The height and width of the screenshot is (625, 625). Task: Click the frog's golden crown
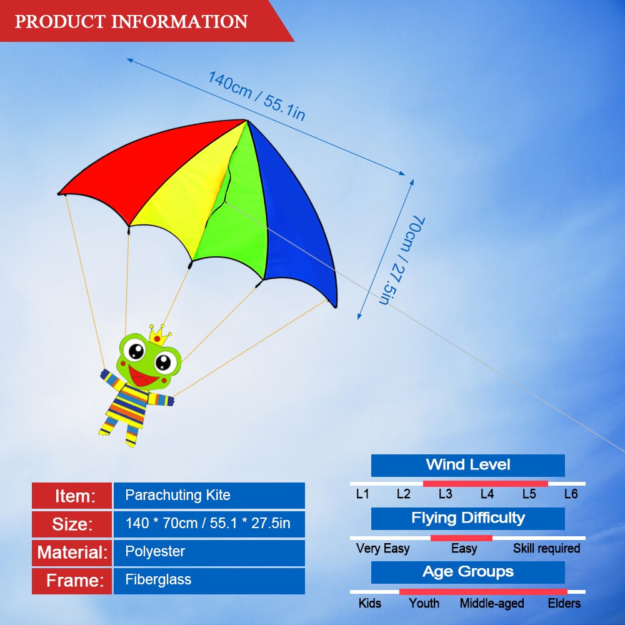coord(160,335)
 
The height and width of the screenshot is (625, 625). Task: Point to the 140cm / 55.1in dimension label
coord(257,96)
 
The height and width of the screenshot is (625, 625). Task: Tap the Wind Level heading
coord(467,465)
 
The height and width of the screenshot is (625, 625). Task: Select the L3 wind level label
coord(445,494)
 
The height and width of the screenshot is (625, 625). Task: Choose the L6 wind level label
coord(571,494)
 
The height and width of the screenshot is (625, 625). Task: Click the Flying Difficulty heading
coord(468,518)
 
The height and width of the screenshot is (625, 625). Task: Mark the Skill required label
coord(546,549)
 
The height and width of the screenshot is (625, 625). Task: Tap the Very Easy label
coord(382,549)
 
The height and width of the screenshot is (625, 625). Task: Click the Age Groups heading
coord(468,572)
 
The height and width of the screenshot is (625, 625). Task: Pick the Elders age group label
coord(564,604)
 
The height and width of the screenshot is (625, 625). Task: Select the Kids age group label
coord(369,604)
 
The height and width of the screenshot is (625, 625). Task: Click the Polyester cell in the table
coord(209,552)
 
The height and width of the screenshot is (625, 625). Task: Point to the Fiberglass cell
coord(209,581)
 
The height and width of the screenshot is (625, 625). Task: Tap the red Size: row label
coord(72,524)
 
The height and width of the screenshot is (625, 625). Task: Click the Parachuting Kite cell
coord(209,496)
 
